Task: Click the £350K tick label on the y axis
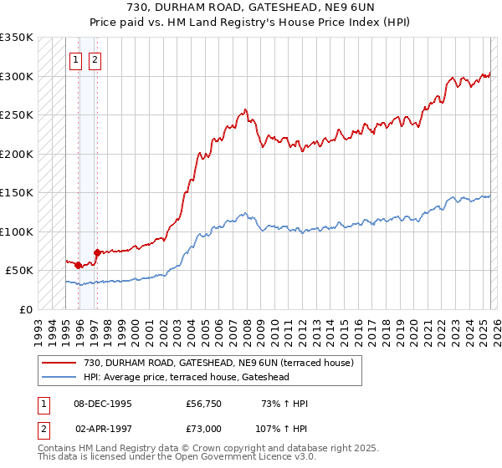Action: [17, 38]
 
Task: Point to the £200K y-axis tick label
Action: [17, 154]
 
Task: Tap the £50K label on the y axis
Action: [20, 271]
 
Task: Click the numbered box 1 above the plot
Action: [75, 59]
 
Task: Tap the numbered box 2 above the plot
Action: [95, 59]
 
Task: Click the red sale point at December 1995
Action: [79, 266]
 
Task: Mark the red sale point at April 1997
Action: [97, 252]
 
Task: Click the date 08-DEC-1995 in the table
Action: [103, 404]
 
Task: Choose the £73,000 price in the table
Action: [204, 428]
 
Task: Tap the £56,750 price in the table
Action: [204, 404]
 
